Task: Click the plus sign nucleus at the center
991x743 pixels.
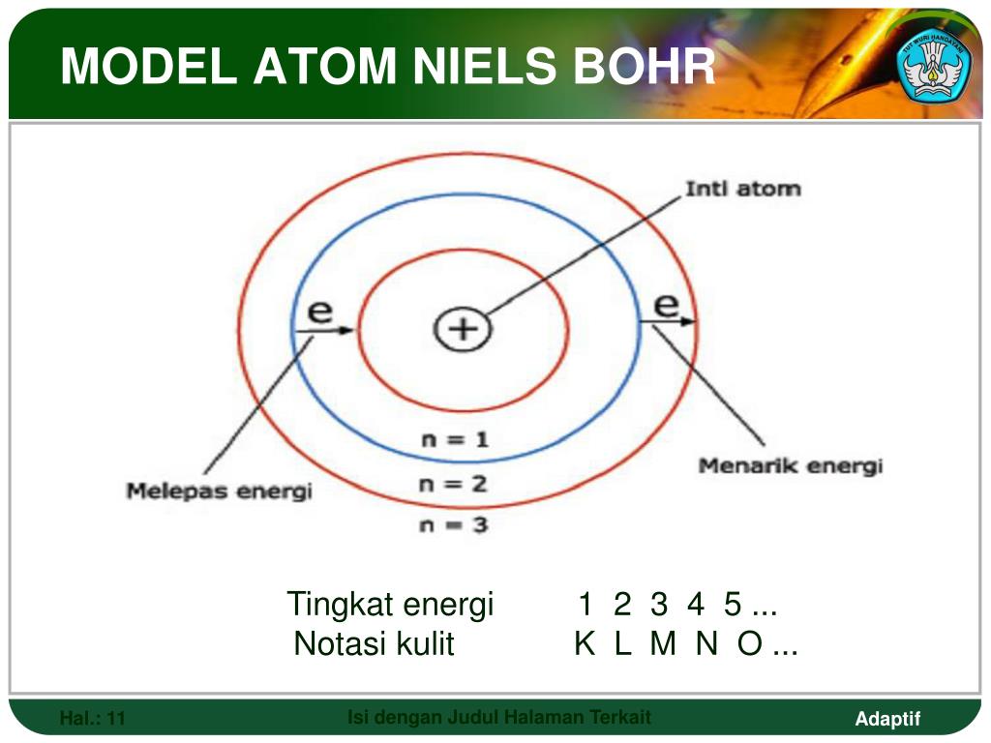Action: (463, 329)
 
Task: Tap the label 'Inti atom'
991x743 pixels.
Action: (743, 189)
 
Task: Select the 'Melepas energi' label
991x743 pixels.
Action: (220, 491)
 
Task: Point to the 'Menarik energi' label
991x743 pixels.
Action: (790, 466)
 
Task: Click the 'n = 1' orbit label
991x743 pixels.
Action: (455, 440)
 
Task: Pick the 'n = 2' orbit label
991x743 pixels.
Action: (453, 485)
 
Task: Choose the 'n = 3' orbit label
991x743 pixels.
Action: (454, 525)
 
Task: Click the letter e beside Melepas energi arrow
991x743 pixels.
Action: (319, 312)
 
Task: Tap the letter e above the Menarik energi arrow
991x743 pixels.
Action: (666, 305)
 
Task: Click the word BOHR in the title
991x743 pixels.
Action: (644, 66)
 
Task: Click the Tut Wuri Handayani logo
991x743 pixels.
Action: (934, 64)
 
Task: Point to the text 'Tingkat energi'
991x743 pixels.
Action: (390, 604)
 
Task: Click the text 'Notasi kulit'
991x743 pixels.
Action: (375, 643)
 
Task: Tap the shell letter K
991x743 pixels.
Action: (585, 643)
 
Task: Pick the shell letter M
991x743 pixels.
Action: (663, 643)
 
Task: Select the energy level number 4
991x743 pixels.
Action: (696, 604)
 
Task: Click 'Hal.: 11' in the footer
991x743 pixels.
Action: (92, 719)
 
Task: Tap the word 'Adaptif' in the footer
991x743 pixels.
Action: (887, 719)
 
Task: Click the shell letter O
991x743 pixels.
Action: (750, 643)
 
